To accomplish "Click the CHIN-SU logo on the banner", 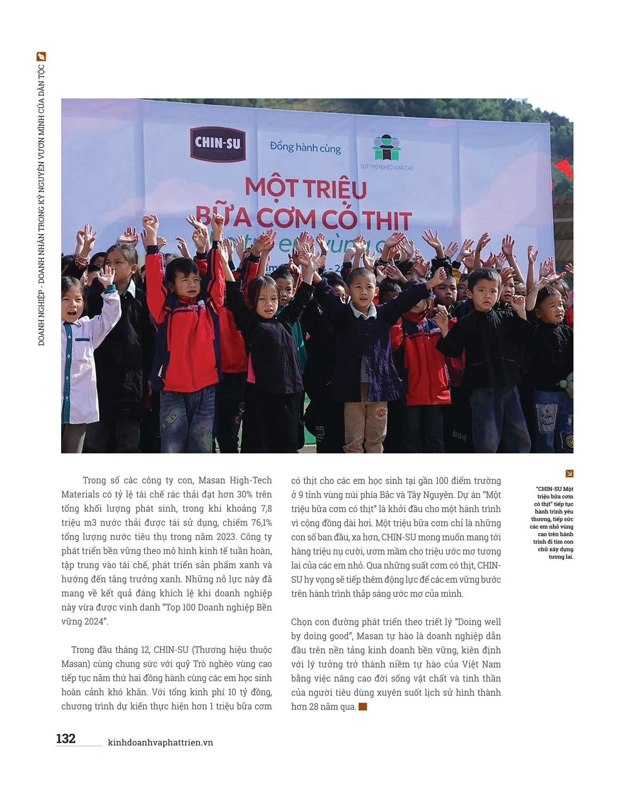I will point(218,144).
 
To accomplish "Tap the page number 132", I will point(66,738).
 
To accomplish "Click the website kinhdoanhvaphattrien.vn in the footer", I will point(160,742).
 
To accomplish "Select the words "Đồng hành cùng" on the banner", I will point(305,147).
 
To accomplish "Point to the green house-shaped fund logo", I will point(386,148).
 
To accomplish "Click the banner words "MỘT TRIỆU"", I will point(306,188).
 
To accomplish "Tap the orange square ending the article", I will point(363,706).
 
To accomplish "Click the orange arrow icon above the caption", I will point(569,474).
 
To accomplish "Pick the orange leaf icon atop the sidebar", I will point(41,56).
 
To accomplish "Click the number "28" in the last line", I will point(314,707).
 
